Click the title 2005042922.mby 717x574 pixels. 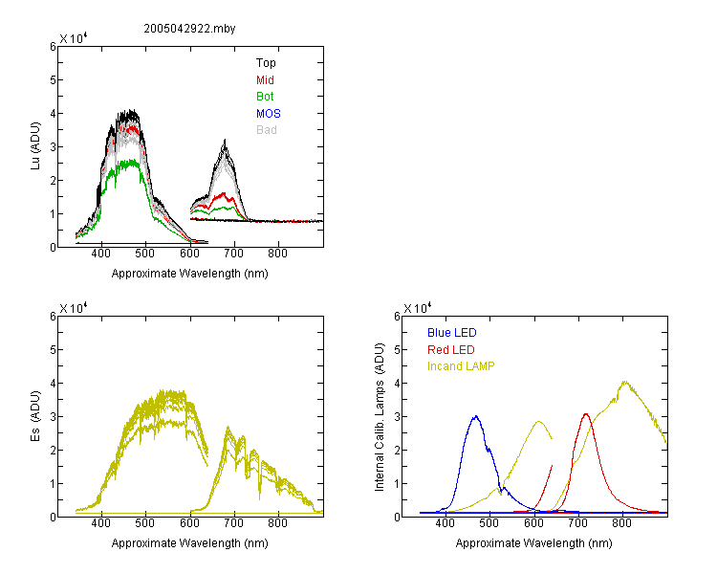189,29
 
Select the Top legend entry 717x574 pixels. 266,63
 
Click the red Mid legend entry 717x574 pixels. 265,80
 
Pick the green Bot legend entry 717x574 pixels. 265,97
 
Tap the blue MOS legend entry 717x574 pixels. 269,114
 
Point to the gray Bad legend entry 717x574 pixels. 266,130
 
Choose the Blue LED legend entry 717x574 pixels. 452,333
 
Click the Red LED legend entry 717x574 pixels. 451,350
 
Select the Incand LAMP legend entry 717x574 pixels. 461,366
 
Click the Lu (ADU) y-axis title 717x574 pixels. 35,146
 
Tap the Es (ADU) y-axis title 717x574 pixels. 35,416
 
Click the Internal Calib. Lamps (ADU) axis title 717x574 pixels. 380,416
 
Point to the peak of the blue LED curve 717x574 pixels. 476,416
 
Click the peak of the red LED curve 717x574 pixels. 586,414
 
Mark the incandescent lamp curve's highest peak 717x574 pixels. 624,382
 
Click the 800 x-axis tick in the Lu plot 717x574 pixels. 277,254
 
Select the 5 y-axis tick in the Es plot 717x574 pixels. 53,350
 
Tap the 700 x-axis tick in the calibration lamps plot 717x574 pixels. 578,523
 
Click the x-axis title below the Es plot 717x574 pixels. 190,543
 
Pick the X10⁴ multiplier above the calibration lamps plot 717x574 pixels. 418,308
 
